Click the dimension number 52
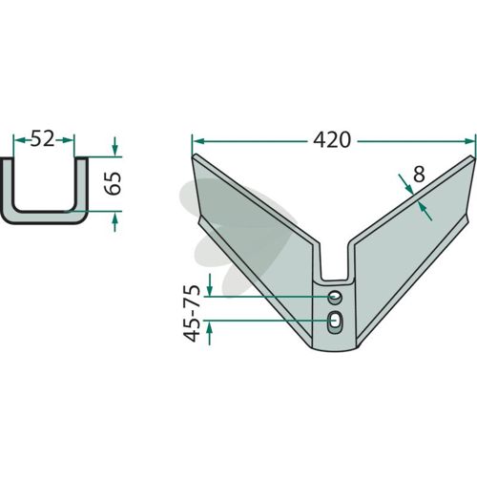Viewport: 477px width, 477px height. (x=42, y=139)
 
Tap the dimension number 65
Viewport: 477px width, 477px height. (x=113, y=183)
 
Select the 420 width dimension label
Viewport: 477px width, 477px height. (x=332, y=140)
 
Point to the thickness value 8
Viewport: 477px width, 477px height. (x=419, y=175)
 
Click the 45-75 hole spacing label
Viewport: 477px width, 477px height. (x=192, y=314)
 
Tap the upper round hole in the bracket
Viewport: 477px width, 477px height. (x=335, y=298)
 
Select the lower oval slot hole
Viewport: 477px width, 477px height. (x=335, y=321)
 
